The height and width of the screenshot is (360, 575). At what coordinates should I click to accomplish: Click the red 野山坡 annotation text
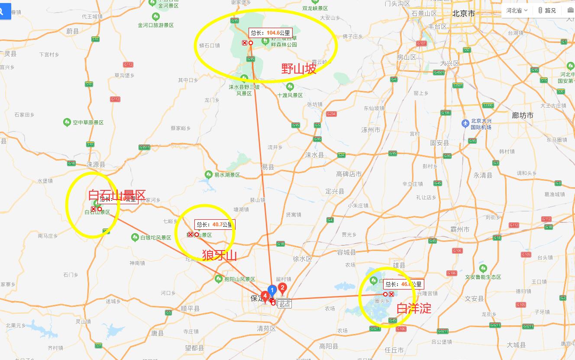click(299, 69)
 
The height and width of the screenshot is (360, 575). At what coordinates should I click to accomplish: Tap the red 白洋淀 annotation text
click(414, 309)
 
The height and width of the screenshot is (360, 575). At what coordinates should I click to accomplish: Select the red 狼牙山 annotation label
click(220, 255)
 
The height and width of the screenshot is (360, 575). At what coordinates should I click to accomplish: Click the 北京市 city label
click(463, 13)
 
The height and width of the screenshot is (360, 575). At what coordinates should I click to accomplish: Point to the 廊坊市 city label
click(522, 116)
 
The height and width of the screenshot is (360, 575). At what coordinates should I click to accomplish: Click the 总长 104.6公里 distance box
click(270, 32)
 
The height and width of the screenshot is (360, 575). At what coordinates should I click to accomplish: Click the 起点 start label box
click(284, 304)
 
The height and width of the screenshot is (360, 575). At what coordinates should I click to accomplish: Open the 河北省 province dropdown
click(517, 10)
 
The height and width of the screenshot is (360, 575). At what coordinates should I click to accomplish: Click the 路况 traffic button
click(547, 10)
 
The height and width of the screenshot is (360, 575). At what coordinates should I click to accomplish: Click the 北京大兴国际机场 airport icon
click(465, 123)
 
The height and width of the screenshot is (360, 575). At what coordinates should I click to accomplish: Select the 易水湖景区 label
click(227, 175)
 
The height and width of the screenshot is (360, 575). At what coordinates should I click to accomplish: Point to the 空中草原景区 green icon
click(67, 122)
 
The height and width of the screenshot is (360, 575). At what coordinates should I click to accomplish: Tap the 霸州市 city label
click(459, 229)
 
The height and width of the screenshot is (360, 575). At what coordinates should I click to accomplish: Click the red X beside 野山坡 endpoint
click(245, 43)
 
